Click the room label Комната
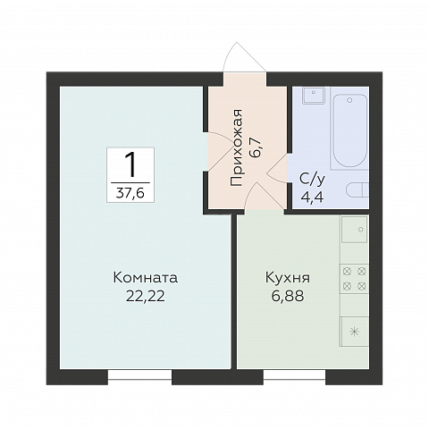(139, 277)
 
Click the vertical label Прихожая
(237, 147)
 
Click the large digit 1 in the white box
(130, 165)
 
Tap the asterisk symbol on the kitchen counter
(355, 332)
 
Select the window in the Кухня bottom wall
(294, 377)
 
